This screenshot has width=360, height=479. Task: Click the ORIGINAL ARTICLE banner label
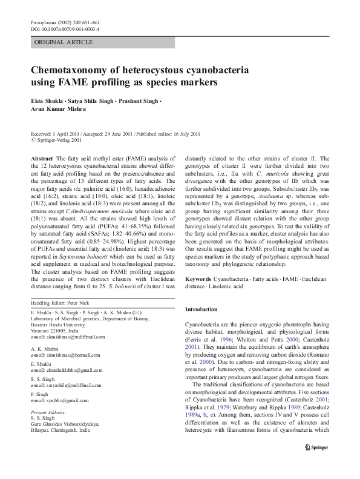(64, 42)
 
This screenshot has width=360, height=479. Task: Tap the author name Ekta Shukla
(47, 100)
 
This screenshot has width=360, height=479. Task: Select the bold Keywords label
(198, 279)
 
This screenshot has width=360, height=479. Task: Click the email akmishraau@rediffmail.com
(67, 337)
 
